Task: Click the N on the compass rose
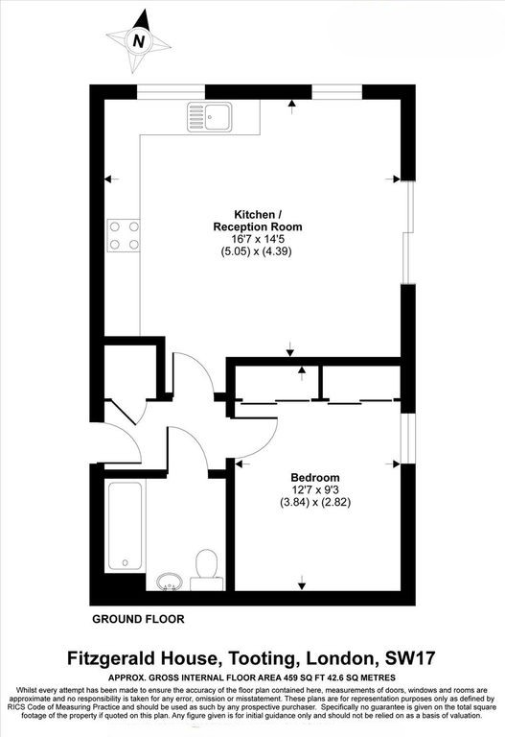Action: (140, 40)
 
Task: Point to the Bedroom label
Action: (315, 477)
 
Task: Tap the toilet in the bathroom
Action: (206, 567)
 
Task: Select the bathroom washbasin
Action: (171, 580)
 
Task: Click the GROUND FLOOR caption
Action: (138, 619)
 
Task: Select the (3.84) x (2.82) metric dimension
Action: (315, 502)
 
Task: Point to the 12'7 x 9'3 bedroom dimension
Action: (315, 489)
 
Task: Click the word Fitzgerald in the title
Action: (120, 658)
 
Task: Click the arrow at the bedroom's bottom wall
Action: (303, 584)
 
